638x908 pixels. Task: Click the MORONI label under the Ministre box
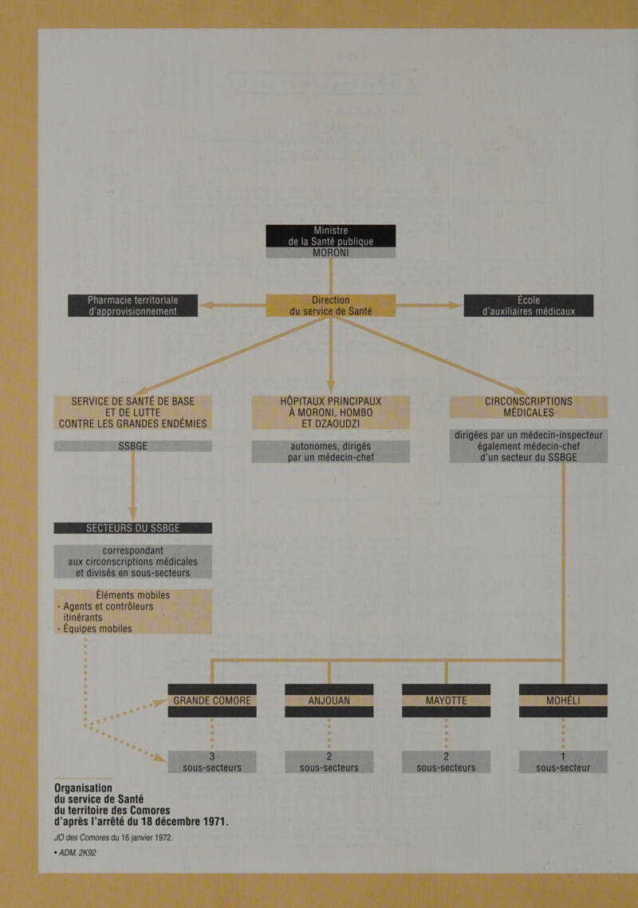click(x=331, y=253)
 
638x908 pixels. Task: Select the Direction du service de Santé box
click(x=331, y=305)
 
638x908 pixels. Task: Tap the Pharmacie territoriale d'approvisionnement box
click(x=132, y=305)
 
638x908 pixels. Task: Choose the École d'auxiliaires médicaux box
click(x=529, y=305)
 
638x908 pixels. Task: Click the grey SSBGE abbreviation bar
click(x=132, y=446)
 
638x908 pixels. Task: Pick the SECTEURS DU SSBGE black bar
click(x=132, y=528)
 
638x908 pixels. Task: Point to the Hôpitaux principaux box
click(x=331, y=413)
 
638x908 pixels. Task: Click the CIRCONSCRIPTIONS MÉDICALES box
click(x=529, y=406)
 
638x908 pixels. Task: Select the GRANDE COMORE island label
click(x=212, y=701)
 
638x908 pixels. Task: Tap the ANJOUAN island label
click(x=329, y=701)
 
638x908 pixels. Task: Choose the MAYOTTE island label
click(x=446, y=701)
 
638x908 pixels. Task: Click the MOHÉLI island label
click(x=563, y=701)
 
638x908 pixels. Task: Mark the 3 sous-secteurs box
click(x=212, y=762)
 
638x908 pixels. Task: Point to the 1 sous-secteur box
click(x=563, y=762)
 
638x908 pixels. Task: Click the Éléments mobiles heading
click(x=132, y=595)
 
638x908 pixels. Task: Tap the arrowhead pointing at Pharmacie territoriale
click(x=206, y=305)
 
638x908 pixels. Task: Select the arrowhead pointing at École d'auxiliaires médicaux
click(x=456, y=305)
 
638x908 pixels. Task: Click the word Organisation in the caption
click(x=83, y=788)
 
